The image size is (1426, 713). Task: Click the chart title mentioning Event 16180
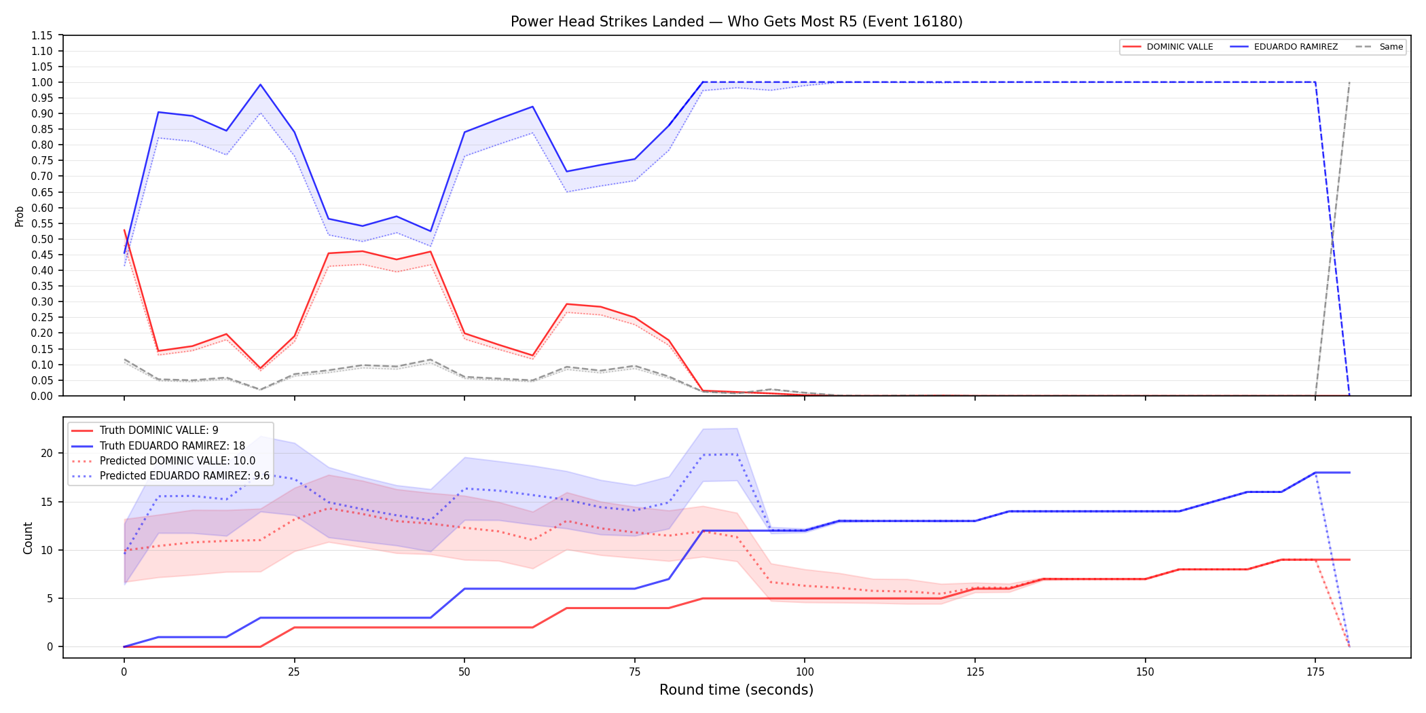click(x=737, y=22)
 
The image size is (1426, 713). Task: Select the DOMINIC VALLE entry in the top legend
click(x=1168, y=47)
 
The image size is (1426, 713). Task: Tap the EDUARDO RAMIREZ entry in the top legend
click(x=1284, y=47)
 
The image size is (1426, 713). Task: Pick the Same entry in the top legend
click(x=1379, y=47)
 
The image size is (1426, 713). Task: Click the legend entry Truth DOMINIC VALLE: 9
click(x=145, y=431)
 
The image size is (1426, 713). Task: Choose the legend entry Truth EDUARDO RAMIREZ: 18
click(x=158, y=446)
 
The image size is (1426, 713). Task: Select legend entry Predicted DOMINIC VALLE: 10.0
click(x=163, y=461)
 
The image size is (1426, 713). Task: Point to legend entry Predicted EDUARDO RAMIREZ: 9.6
click(x=170, y=476)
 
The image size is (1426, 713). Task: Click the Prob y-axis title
click(x=20, y=216)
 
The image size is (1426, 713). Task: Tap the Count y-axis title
click(x=28, y=538)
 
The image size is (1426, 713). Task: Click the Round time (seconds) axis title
click(x=737, y=690)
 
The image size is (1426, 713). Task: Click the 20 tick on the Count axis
click(x=47, y=454)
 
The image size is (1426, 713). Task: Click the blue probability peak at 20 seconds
click(x=260, y=85)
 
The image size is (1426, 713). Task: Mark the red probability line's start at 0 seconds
click(x=124, y=230)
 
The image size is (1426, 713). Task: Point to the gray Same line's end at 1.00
click(x=1349, y=83)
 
